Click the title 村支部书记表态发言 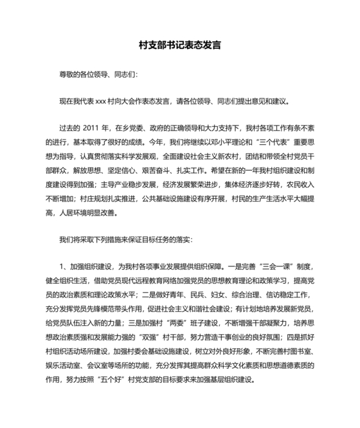[x=180, y=46]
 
